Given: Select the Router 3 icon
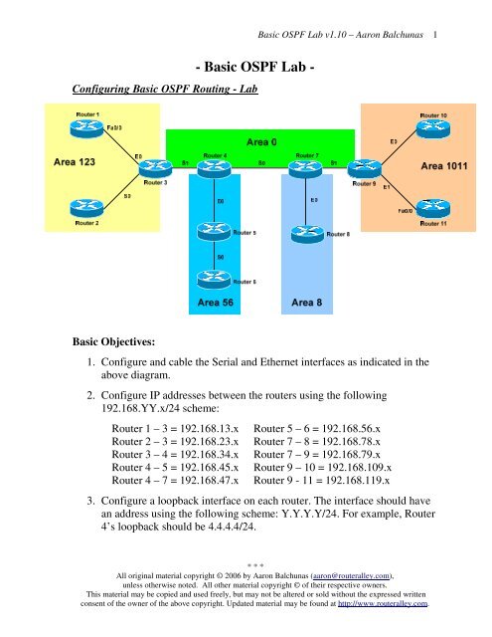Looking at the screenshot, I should [153, 169].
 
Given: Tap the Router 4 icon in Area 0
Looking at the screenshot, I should [218, 170].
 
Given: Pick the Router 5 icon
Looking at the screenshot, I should [218, 232].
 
